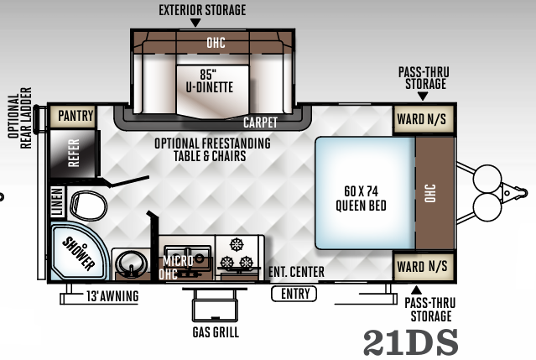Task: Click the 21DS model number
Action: [x=411, y=342]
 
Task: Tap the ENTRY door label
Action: [x=294, y=294]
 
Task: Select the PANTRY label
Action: [x=73, y=116]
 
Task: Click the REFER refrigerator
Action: [x=73, y=153]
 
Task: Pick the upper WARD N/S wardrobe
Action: [x=424, y=119]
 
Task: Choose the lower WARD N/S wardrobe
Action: [x=424, y=268]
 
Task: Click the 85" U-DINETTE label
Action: [x=210, y=78]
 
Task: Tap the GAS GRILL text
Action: [x=216, y=332]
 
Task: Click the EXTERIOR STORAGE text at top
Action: [x=203, y=10]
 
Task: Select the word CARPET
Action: [x=260, y=123]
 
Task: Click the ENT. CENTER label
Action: [x=296, y=273]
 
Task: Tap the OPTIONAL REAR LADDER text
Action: [x=18, y=117]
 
